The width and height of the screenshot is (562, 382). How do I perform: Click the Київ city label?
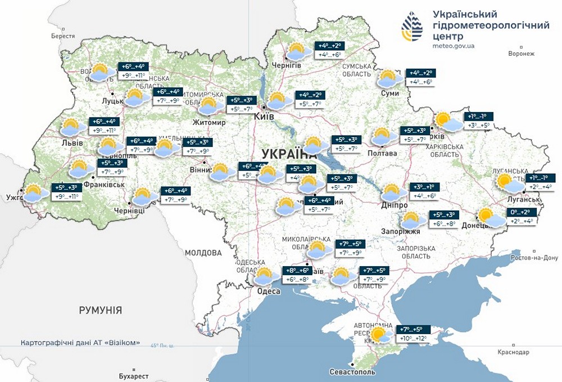264,116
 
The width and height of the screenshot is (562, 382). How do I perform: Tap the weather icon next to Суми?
389,78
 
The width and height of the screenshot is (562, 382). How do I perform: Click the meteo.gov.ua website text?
454,46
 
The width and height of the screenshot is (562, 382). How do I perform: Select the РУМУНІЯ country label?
101,310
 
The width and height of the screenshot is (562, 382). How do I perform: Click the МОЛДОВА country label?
203,253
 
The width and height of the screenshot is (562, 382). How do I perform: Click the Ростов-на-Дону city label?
534,258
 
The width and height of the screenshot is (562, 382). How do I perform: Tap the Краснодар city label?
513,352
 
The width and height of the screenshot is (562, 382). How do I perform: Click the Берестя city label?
62,36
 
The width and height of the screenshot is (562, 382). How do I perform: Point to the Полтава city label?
382,153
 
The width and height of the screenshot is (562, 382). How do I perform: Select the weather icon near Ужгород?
35,192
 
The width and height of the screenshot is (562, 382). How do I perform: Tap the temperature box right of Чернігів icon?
329,50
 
